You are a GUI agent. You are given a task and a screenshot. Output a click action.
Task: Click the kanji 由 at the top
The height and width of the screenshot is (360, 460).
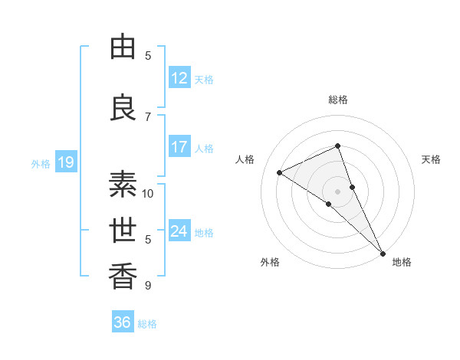point(123,47)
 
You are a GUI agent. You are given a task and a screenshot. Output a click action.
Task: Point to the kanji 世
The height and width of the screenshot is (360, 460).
point(123,229)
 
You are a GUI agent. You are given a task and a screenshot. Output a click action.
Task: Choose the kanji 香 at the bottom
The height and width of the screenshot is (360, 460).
point(123,275)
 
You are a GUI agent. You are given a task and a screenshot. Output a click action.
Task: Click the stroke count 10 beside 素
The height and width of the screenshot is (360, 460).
point(148,193)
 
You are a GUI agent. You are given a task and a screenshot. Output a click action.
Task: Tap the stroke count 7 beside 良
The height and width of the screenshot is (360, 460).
point(148,116)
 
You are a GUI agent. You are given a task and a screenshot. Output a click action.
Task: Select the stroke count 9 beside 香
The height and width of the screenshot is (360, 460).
point(148,286)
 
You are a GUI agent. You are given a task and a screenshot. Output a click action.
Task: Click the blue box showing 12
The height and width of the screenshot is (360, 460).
point(179,78)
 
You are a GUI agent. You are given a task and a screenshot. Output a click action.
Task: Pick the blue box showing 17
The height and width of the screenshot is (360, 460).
point(179,147)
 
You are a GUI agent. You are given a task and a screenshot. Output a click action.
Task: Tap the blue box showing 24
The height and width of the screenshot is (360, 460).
point(179,231)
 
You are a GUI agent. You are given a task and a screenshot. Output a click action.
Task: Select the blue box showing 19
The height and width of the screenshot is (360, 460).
point(66,162)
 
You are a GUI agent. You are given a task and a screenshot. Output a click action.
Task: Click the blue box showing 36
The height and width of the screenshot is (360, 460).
point(123,322)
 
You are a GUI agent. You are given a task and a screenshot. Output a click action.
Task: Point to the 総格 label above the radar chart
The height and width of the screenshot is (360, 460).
point(338,100)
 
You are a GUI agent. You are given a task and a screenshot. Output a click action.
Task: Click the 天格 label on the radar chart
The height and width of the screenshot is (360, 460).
point(431,159)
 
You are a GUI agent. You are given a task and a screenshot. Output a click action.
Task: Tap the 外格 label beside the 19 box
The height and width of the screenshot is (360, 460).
point(40,163)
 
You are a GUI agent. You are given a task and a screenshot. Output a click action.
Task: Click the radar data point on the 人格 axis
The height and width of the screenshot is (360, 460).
point(280,172)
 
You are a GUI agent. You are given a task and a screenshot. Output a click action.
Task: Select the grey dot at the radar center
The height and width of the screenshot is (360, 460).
point(337,191)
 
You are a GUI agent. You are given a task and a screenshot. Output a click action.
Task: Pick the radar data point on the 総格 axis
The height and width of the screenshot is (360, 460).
point(338,146)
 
